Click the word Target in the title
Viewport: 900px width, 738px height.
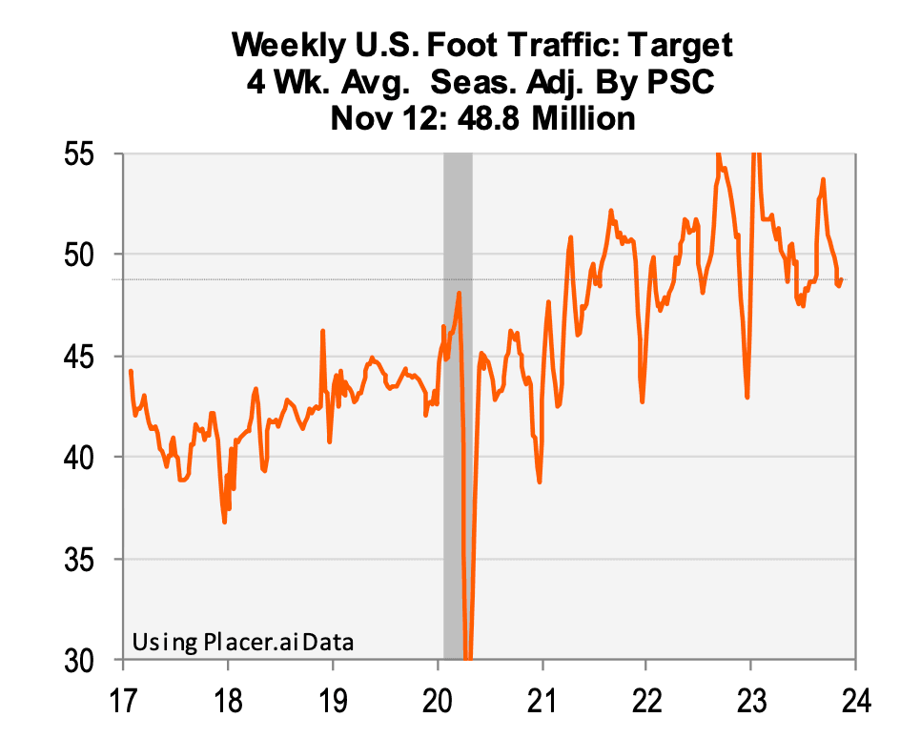pyautogui.click(x=675, y=45)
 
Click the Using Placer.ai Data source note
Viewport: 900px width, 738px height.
pyautogui.click(x=242, y=642)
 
